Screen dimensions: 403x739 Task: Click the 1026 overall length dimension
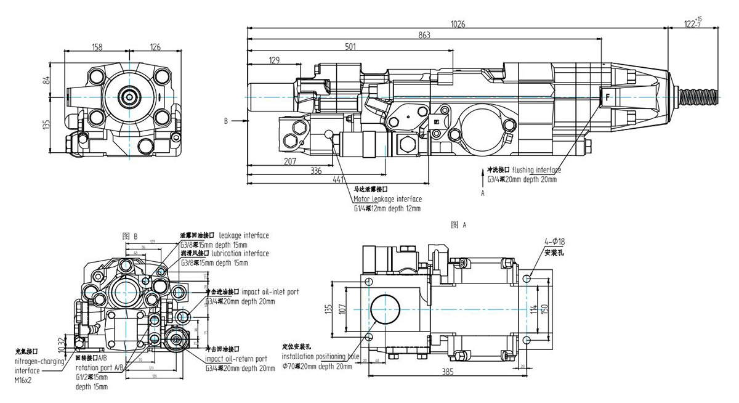pyautogui.click(x=458, y=24)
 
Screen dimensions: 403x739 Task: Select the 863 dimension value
pyautogui.click(x=424, y=35)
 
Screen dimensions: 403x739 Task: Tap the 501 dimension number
pyautogui.click(x=350, y=46)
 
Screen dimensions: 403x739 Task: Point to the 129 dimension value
pyautogui.click(x=274, y=60)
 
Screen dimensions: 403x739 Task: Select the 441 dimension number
pyautogui.click(x=338, y=179)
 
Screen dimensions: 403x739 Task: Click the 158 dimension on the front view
pyautogui.click(x=97, y=47)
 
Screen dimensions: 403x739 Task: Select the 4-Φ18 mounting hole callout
pyautogui.click(x=555, y=242)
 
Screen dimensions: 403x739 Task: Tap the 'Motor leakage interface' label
pyautogui.click(x=387, y=199)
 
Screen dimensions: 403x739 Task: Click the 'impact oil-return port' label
pyautogui.click(x=236, y=359)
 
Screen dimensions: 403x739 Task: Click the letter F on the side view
pyautogui.click(x=607, y=97)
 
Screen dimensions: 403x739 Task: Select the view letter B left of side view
pyautogui.click(x=226, y=121)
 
